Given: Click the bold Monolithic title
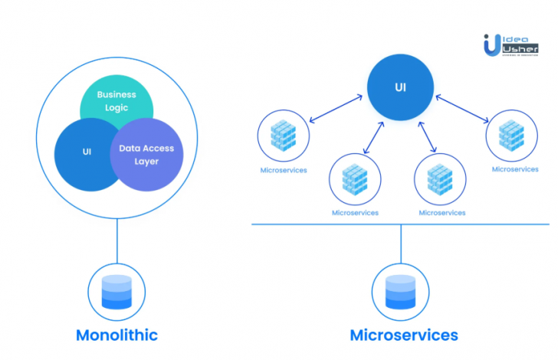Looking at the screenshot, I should [x=117, y=335].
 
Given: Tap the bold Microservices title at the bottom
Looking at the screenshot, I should [x=403, y=335].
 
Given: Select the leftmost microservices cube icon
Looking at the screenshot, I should [x=284, y=136].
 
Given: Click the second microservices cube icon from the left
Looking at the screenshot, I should [x=355, y=178].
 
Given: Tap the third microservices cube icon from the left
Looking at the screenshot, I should [x=441, y=178].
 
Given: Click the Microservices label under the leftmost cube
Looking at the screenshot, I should [x=284, y=170].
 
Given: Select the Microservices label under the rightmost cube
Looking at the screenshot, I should [x=514, y=169].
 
